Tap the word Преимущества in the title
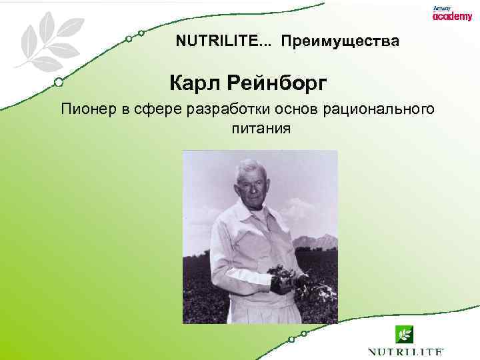point(340,42)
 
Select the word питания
point(261,127)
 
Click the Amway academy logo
point(451,13)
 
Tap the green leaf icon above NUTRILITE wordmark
point(404,333)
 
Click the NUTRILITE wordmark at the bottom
point(405,351)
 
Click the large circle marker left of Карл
point(59,83)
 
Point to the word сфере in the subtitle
point(143,109)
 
